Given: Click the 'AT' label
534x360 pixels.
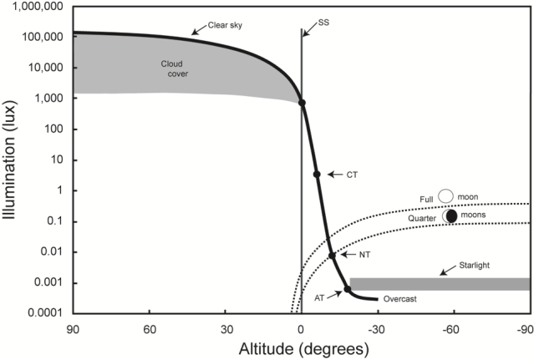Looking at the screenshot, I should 319,297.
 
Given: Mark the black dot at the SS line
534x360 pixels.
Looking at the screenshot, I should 302,103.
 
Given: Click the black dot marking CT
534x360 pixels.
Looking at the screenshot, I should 317,175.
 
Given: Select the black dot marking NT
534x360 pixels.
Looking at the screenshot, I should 332,256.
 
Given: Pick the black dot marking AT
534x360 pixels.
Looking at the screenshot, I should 348,290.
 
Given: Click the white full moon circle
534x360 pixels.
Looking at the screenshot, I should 445,196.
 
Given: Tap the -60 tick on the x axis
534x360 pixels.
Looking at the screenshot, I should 453,327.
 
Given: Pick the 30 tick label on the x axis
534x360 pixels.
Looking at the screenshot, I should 226,327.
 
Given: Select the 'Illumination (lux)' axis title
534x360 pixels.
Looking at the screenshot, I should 11,160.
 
